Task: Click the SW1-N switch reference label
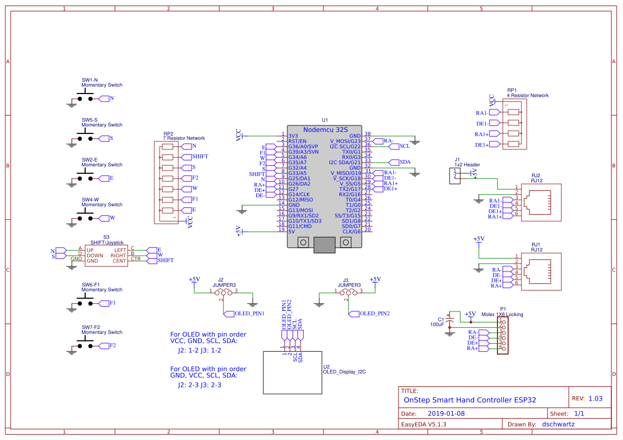[90, 80]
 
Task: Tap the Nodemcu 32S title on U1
[325, 130]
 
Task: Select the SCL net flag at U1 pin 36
[399, 147]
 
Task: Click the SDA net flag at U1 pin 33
[400, 162]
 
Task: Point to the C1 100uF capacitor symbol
[450, 322]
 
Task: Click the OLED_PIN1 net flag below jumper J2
[244, 314]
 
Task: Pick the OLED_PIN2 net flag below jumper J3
[369, 314]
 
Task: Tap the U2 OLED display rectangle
[293, 373]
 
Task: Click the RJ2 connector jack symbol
[541, 202]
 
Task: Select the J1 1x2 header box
[455, 176]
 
